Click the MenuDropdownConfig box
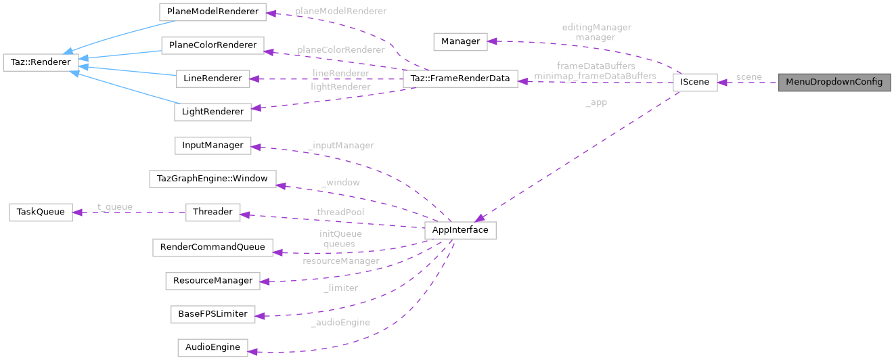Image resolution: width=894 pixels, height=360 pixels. [x=834, y=83]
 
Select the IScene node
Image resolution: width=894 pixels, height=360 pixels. [x=694, y=83]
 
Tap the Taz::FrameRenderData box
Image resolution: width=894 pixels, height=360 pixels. [x=460, y=78]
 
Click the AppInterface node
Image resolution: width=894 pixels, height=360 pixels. [x=460, y=230]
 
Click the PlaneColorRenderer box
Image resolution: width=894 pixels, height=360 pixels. [x=212, y=46]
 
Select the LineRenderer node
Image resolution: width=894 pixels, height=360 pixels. [x=213, y=78]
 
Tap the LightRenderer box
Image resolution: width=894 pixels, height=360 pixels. [x=213, y=112]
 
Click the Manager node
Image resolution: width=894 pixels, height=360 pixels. [x=460, y=41]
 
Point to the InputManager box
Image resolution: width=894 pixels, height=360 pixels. [x=213, y=145]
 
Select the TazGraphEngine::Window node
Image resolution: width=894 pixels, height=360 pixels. [x=213, y=179]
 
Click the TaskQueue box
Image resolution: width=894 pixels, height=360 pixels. [x=40, y=212]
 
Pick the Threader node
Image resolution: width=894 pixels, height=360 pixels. [x=213, y=212]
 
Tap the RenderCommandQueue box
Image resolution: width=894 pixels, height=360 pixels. [x=213, y=247]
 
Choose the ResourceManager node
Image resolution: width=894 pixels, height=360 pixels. [x=213, y=280]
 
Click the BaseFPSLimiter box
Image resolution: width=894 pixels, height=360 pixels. [x=213, y=314]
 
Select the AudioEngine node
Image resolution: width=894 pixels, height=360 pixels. [x=213, y=347]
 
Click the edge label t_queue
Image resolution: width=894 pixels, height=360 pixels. [x=114, y=207]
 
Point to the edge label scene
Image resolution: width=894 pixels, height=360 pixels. [x=748, y=77]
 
